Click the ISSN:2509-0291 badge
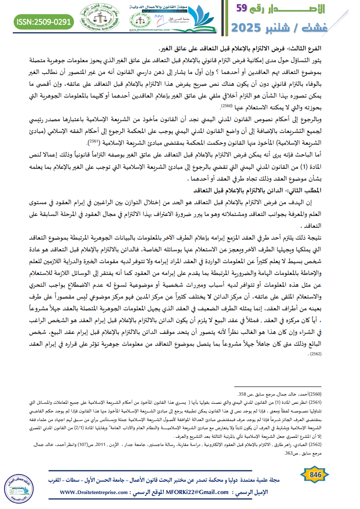click(44, 22)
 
